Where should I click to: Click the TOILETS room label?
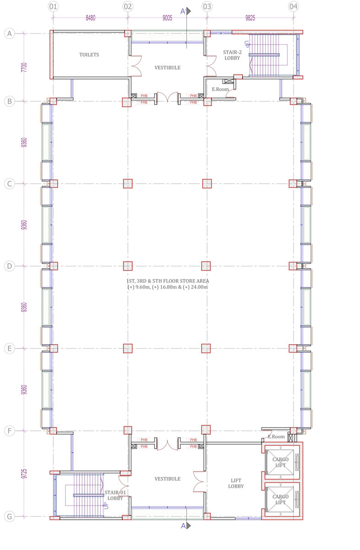[x=89, y=55]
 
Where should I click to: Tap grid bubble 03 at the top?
[x=207, y=6]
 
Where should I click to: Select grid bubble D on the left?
[x=9, y=266]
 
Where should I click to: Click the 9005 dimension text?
[x=167, y=18]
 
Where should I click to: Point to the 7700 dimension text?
[x=24, y=67]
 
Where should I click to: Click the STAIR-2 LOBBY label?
[x=232, y=55]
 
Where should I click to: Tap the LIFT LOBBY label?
[x=236, y=483]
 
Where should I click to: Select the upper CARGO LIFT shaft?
[x=280, y=462]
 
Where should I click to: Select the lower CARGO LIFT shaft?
[x=280, y=500]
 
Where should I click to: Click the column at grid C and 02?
[x=128, y=184]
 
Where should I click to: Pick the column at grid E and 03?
[x=206, y=348]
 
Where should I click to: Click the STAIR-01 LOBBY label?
[x=115, y=495]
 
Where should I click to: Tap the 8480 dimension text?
[x=90, y=18]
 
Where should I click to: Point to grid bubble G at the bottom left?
[x=9, y=517]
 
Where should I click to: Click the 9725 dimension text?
[x=24, y=473]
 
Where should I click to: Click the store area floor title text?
[x=168, y=284]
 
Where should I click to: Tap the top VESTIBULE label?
[x=167, y=67]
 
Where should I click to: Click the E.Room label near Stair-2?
[x=220, y=89]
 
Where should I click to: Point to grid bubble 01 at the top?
[x=53, y=6]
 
